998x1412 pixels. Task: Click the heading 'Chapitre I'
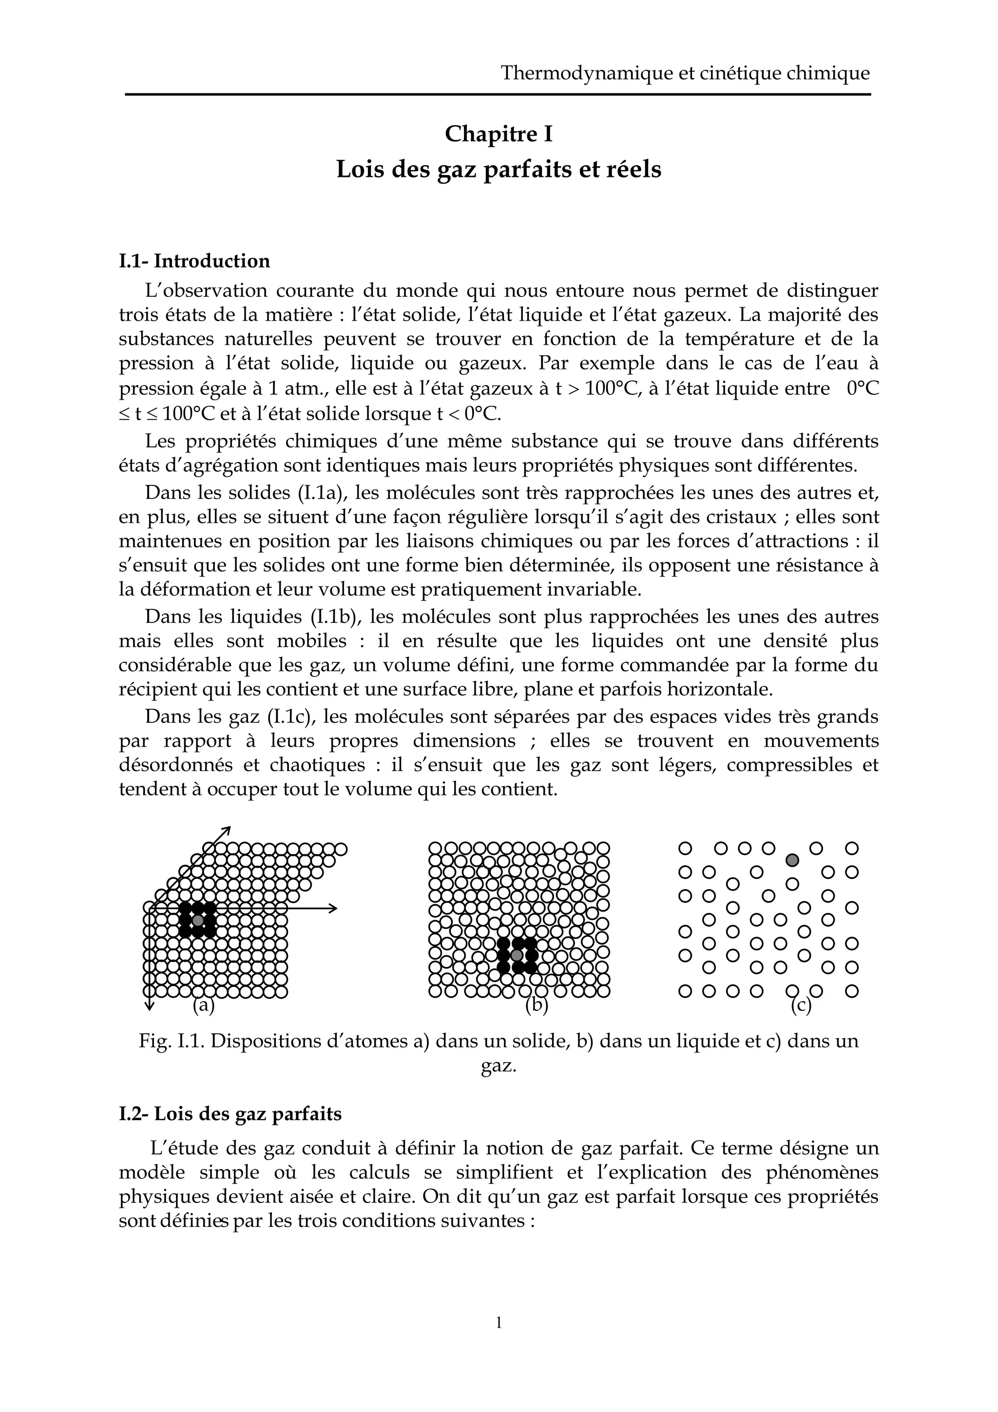[498, 134]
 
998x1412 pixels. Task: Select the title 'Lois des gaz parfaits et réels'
[498, 169]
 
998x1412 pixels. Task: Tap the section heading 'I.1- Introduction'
[194, 261]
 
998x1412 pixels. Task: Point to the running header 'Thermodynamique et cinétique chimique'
[685, 73]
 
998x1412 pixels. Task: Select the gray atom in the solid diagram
[197, 920]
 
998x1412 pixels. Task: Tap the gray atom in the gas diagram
[793, 860]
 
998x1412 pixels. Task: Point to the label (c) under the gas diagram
[801, 1006]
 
